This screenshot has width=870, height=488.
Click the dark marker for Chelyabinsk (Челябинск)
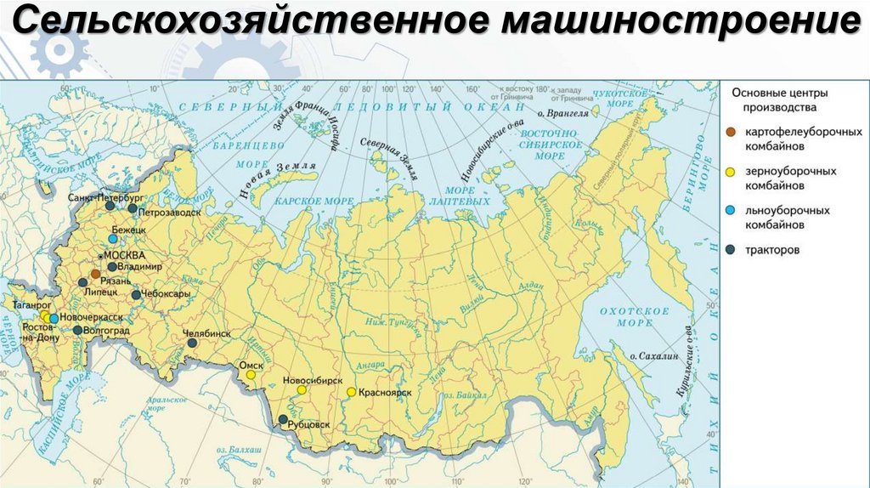(193, 343)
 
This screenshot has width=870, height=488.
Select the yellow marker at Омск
(250, 374)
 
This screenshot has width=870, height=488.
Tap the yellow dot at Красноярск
(351, 392)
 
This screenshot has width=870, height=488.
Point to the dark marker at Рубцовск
(282, 419)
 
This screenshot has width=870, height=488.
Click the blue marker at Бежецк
(112, 240)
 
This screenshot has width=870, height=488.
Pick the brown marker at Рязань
(95, 274)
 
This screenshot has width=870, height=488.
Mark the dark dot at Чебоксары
(136, 294)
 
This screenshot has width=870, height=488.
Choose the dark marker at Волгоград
(77, 330)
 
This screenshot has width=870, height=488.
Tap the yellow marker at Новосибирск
(301, 390)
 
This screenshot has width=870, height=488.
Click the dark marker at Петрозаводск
(132, 207)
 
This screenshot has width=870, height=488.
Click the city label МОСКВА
(124, 255)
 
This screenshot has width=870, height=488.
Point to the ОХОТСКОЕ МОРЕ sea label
(626, 317)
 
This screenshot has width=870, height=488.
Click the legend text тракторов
(772, 250)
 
